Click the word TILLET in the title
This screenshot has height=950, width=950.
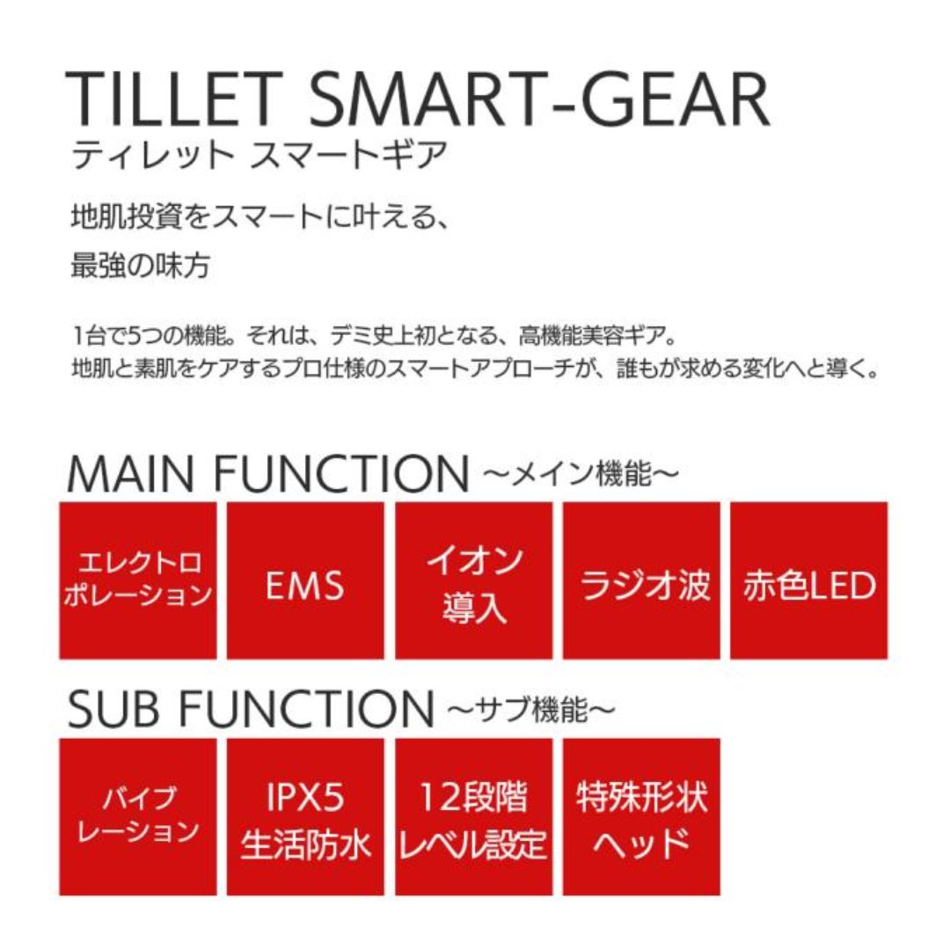[174, 99]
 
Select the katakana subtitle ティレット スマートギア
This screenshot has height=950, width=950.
[259, 155]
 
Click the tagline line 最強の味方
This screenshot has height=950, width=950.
[141, 266]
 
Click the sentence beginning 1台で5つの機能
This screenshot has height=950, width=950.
[374, 335]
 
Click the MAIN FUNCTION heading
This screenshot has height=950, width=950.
[268, 473]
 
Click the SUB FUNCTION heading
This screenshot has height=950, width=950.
[251, 708]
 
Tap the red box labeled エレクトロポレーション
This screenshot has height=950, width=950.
[138, 581]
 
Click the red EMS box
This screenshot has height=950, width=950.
[305, 581]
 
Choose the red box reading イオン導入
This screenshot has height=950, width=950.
[474, 581]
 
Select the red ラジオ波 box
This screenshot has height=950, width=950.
[641, 581]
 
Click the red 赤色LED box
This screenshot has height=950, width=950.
[809, 581]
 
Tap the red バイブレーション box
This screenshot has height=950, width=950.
[138, 816]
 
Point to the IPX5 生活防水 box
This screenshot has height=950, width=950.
[305, 816]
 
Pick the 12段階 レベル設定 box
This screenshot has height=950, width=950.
[474, 816]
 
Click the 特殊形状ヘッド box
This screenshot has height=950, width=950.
[641, 816]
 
